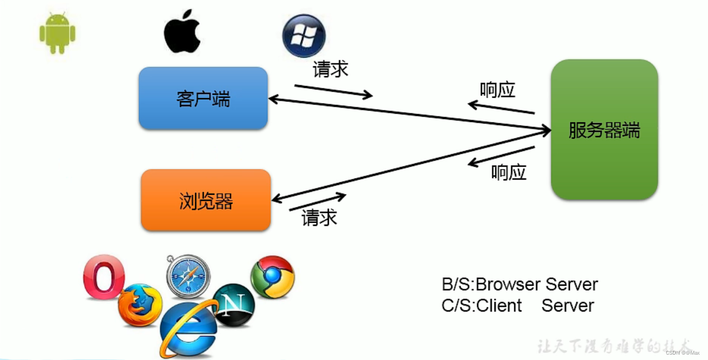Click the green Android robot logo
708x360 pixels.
pos(57,33)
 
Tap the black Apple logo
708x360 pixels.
pos(182,31)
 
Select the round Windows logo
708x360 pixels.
pos(304,36)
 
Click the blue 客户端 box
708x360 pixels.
pos(203,98)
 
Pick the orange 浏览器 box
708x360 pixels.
pos(205,200)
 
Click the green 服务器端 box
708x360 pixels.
pos(604,130)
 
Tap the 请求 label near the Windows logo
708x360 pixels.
pos(330,70)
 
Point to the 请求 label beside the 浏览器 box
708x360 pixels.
pos(319,217)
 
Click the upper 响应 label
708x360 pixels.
pos(497,90)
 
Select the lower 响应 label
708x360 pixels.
pos(508,172)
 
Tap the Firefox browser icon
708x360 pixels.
pos(140,305)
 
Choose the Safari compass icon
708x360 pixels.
pos(188,276)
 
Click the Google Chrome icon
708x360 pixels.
pos(272,276)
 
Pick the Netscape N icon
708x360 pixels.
pos(234,305)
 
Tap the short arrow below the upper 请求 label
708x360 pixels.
pos(333,92)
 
